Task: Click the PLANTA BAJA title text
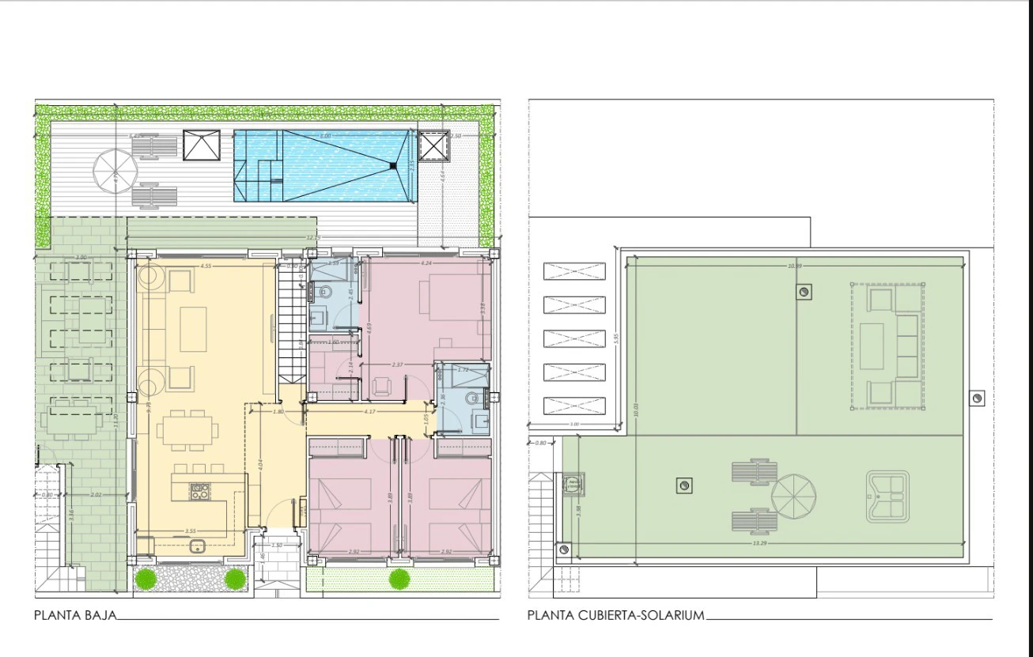76,614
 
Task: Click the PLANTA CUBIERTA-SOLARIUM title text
615,614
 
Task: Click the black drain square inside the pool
392,164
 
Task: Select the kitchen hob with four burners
198,492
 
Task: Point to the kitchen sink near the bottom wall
197,545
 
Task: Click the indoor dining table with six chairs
187,432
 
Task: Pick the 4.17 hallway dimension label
369,411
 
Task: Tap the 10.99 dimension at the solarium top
794,266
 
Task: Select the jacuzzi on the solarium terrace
887,497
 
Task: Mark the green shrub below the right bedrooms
399,579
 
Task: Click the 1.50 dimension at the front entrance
276,546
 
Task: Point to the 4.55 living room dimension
205,266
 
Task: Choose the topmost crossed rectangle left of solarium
574,271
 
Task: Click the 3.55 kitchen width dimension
190,531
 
